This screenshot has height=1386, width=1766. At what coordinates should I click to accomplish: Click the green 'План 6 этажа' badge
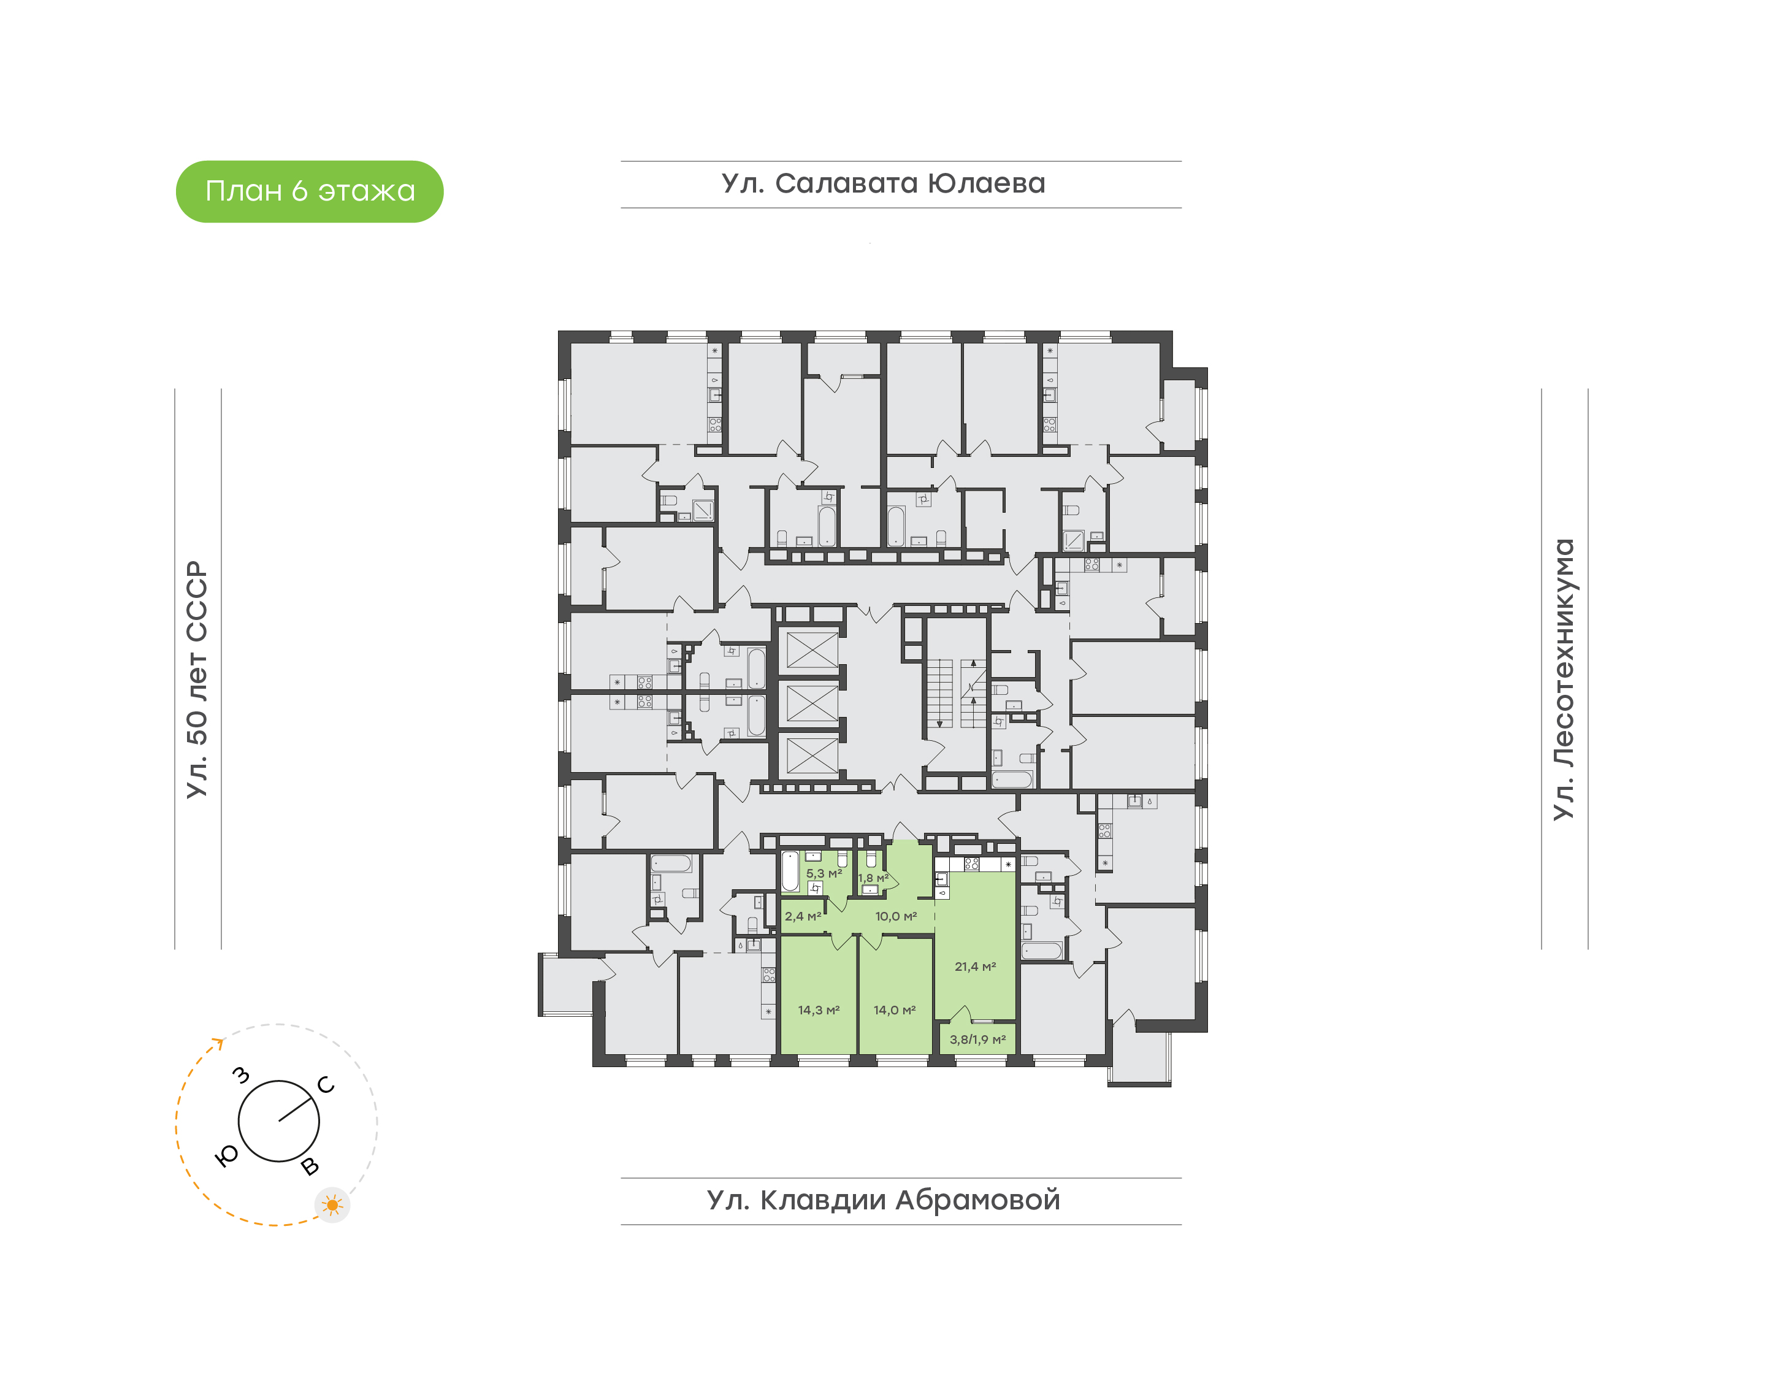[309, 191]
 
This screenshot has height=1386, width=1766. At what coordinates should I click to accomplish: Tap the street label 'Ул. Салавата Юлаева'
[884, 183]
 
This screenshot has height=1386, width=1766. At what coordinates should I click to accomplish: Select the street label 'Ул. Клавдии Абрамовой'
[884, 1200]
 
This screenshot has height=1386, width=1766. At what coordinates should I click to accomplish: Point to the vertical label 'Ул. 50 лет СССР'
[197, 680]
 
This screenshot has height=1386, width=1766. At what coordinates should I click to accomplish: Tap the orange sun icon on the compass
[332, 1205]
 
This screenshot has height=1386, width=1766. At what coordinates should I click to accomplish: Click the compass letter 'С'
[326, 1085]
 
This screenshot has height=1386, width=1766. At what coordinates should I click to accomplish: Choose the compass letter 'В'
[310, 1167]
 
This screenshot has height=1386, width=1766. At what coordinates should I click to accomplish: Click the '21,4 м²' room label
[975, 967]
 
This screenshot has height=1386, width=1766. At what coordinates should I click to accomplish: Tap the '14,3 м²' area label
[819, 1010]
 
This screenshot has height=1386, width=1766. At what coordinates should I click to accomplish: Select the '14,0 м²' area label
[895, 1010]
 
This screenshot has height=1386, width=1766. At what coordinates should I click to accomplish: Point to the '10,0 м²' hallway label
[896, 916]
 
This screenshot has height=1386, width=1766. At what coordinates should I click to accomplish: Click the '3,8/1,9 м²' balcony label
[977, 1039]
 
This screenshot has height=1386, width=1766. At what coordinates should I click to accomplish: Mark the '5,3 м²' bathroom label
[824, 874]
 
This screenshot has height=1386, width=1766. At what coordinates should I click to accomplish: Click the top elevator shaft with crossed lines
[812, 650]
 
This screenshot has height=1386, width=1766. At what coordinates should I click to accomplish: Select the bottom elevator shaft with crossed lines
[812, 756]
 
